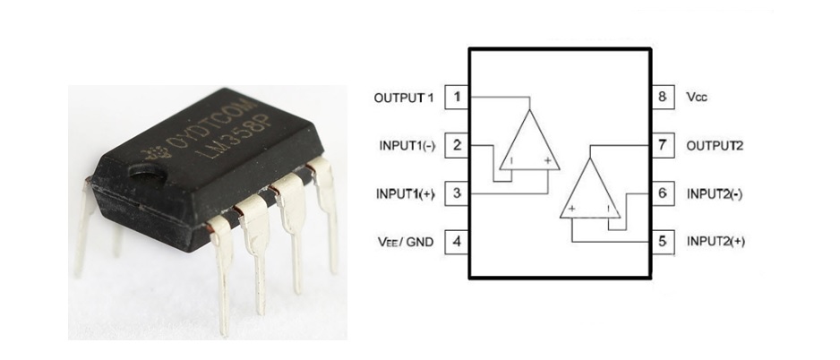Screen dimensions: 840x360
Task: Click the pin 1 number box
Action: coord(457,98)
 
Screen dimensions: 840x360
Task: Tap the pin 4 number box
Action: coord(457,242)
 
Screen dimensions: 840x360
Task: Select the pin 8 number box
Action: coord(663,98)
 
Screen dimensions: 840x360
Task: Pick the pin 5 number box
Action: coord(663,242)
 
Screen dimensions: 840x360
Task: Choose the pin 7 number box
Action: coord(663,145)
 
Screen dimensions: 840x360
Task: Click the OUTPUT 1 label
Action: coord(403,98)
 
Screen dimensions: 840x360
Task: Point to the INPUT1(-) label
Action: coord(407,146)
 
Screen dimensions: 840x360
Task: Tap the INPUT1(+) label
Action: coord(405,193)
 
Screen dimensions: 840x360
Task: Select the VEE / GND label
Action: coord(405,242)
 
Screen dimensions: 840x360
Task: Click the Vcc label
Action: coord(697,98)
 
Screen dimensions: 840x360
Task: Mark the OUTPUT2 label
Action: coord(715,146)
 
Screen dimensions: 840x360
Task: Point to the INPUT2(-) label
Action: coord(715,194)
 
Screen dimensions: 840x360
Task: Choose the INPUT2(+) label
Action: coord(716,242)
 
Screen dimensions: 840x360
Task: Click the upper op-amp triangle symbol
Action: coord(530,141)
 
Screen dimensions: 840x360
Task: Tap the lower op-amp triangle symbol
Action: coord(590,189)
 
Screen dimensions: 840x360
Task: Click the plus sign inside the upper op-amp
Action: coord(547,160)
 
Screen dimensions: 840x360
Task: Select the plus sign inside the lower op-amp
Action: coord(572,209)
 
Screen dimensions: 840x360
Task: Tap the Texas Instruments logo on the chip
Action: coord(155,154)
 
